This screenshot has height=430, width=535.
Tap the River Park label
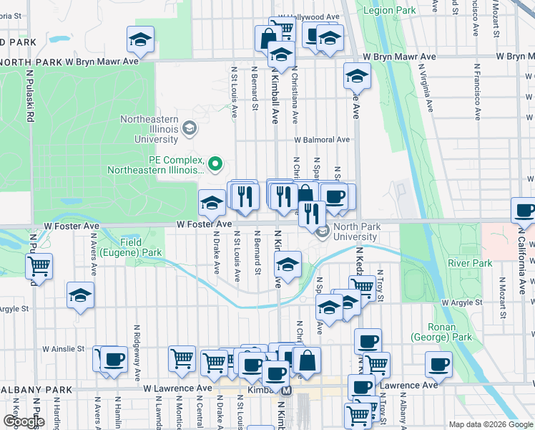[470, 263]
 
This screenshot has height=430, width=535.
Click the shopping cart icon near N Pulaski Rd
[39, 266]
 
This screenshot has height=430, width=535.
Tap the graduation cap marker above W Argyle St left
[81, 294]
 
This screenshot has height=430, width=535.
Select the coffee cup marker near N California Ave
[524, 210]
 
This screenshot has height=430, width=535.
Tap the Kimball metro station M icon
[287, 391]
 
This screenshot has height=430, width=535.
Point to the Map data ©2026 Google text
[491, 424]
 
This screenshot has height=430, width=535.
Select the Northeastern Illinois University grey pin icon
[190, 128]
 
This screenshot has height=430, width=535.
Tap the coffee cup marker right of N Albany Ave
[438, 363]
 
